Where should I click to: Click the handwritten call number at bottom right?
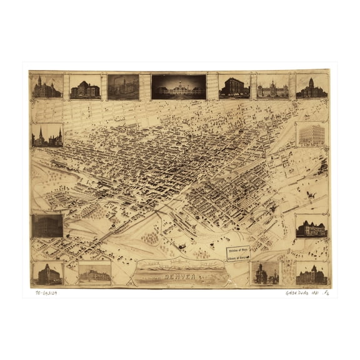(307, 292)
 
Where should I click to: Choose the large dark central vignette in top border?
(178, 87)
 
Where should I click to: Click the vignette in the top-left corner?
(47, 87)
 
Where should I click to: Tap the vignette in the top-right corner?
(311, 87)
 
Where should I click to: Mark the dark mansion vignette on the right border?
(311, 228)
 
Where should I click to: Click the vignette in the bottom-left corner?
(47, 273)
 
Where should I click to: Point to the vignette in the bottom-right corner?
(311, 274)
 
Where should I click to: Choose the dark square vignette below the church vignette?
(47, 226)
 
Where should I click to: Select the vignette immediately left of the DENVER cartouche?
(94, 273)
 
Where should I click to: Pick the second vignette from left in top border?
(85, 87)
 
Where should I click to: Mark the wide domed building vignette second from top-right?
(272, 87)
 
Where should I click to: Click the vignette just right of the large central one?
(234, 87)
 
